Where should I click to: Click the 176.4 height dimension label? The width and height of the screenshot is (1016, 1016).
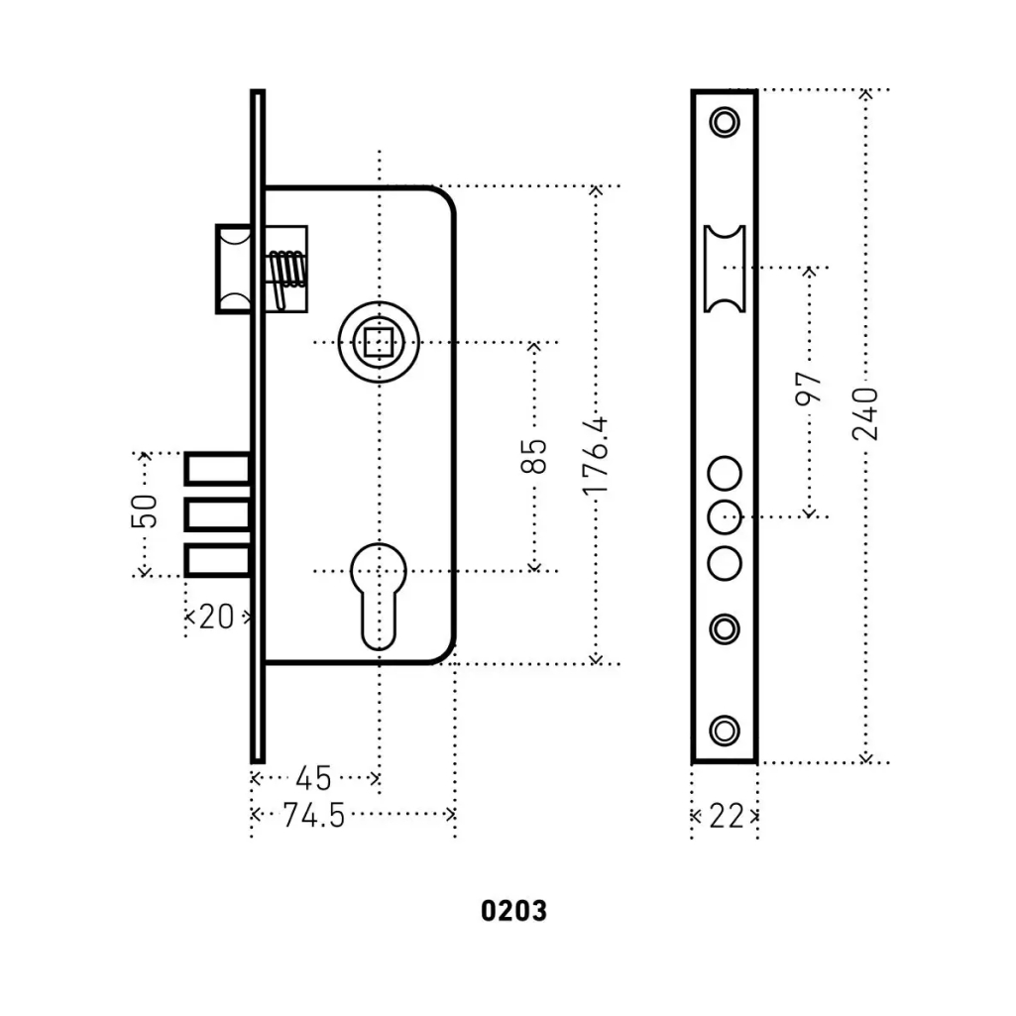[594, 456]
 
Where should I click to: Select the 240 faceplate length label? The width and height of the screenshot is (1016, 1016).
[865, 413]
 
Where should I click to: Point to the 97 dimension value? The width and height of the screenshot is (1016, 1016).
[810, 388]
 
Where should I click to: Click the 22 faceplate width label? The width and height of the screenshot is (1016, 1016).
[727, 816]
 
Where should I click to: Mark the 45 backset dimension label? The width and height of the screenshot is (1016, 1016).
[313, 778]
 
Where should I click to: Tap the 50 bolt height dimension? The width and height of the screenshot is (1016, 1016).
[145, 511]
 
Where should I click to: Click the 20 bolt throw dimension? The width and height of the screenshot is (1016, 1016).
[217, 617]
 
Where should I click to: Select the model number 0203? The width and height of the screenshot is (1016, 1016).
[513, 910]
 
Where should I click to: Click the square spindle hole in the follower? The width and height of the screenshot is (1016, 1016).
[379, 343]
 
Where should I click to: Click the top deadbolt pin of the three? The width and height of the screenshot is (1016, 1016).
[216, 469]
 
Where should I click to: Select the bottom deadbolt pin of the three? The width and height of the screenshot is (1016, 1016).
[216, 561]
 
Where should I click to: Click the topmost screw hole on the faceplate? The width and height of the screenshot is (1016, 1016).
[725, 123]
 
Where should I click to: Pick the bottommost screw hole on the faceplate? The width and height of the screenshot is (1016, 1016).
[725, 731]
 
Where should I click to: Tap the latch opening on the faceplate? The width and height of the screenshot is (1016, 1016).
[725, 269]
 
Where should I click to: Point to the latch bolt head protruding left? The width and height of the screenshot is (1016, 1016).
[233, 269]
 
